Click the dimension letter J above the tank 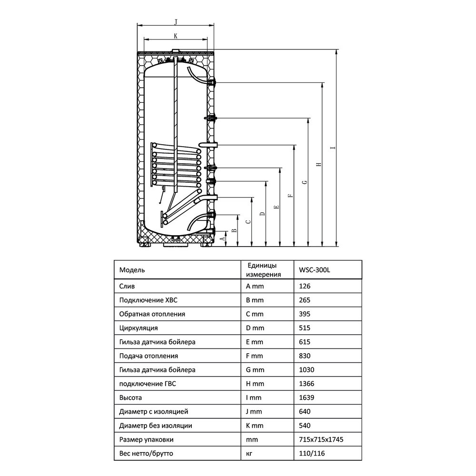[176, 21]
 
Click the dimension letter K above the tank [176, 36]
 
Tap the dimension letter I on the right [333, 148]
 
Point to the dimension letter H [318, 164]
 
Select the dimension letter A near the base [223, 238]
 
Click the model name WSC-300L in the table [314, 270]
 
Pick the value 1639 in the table [307, 397]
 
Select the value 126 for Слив [305, 286]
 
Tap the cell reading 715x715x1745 [321, 439]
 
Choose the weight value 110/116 [312, 454]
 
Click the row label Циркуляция [139, 328]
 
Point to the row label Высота [130, 397]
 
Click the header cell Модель [132, 270]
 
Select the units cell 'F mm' [254, 356]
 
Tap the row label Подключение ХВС [148, 300]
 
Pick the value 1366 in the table [307, 384]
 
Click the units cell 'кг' [249, 454]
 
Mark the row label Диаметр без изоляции [156, 426]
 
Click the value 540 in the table [305, 426]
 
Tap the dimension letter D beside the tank [263, 214]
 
